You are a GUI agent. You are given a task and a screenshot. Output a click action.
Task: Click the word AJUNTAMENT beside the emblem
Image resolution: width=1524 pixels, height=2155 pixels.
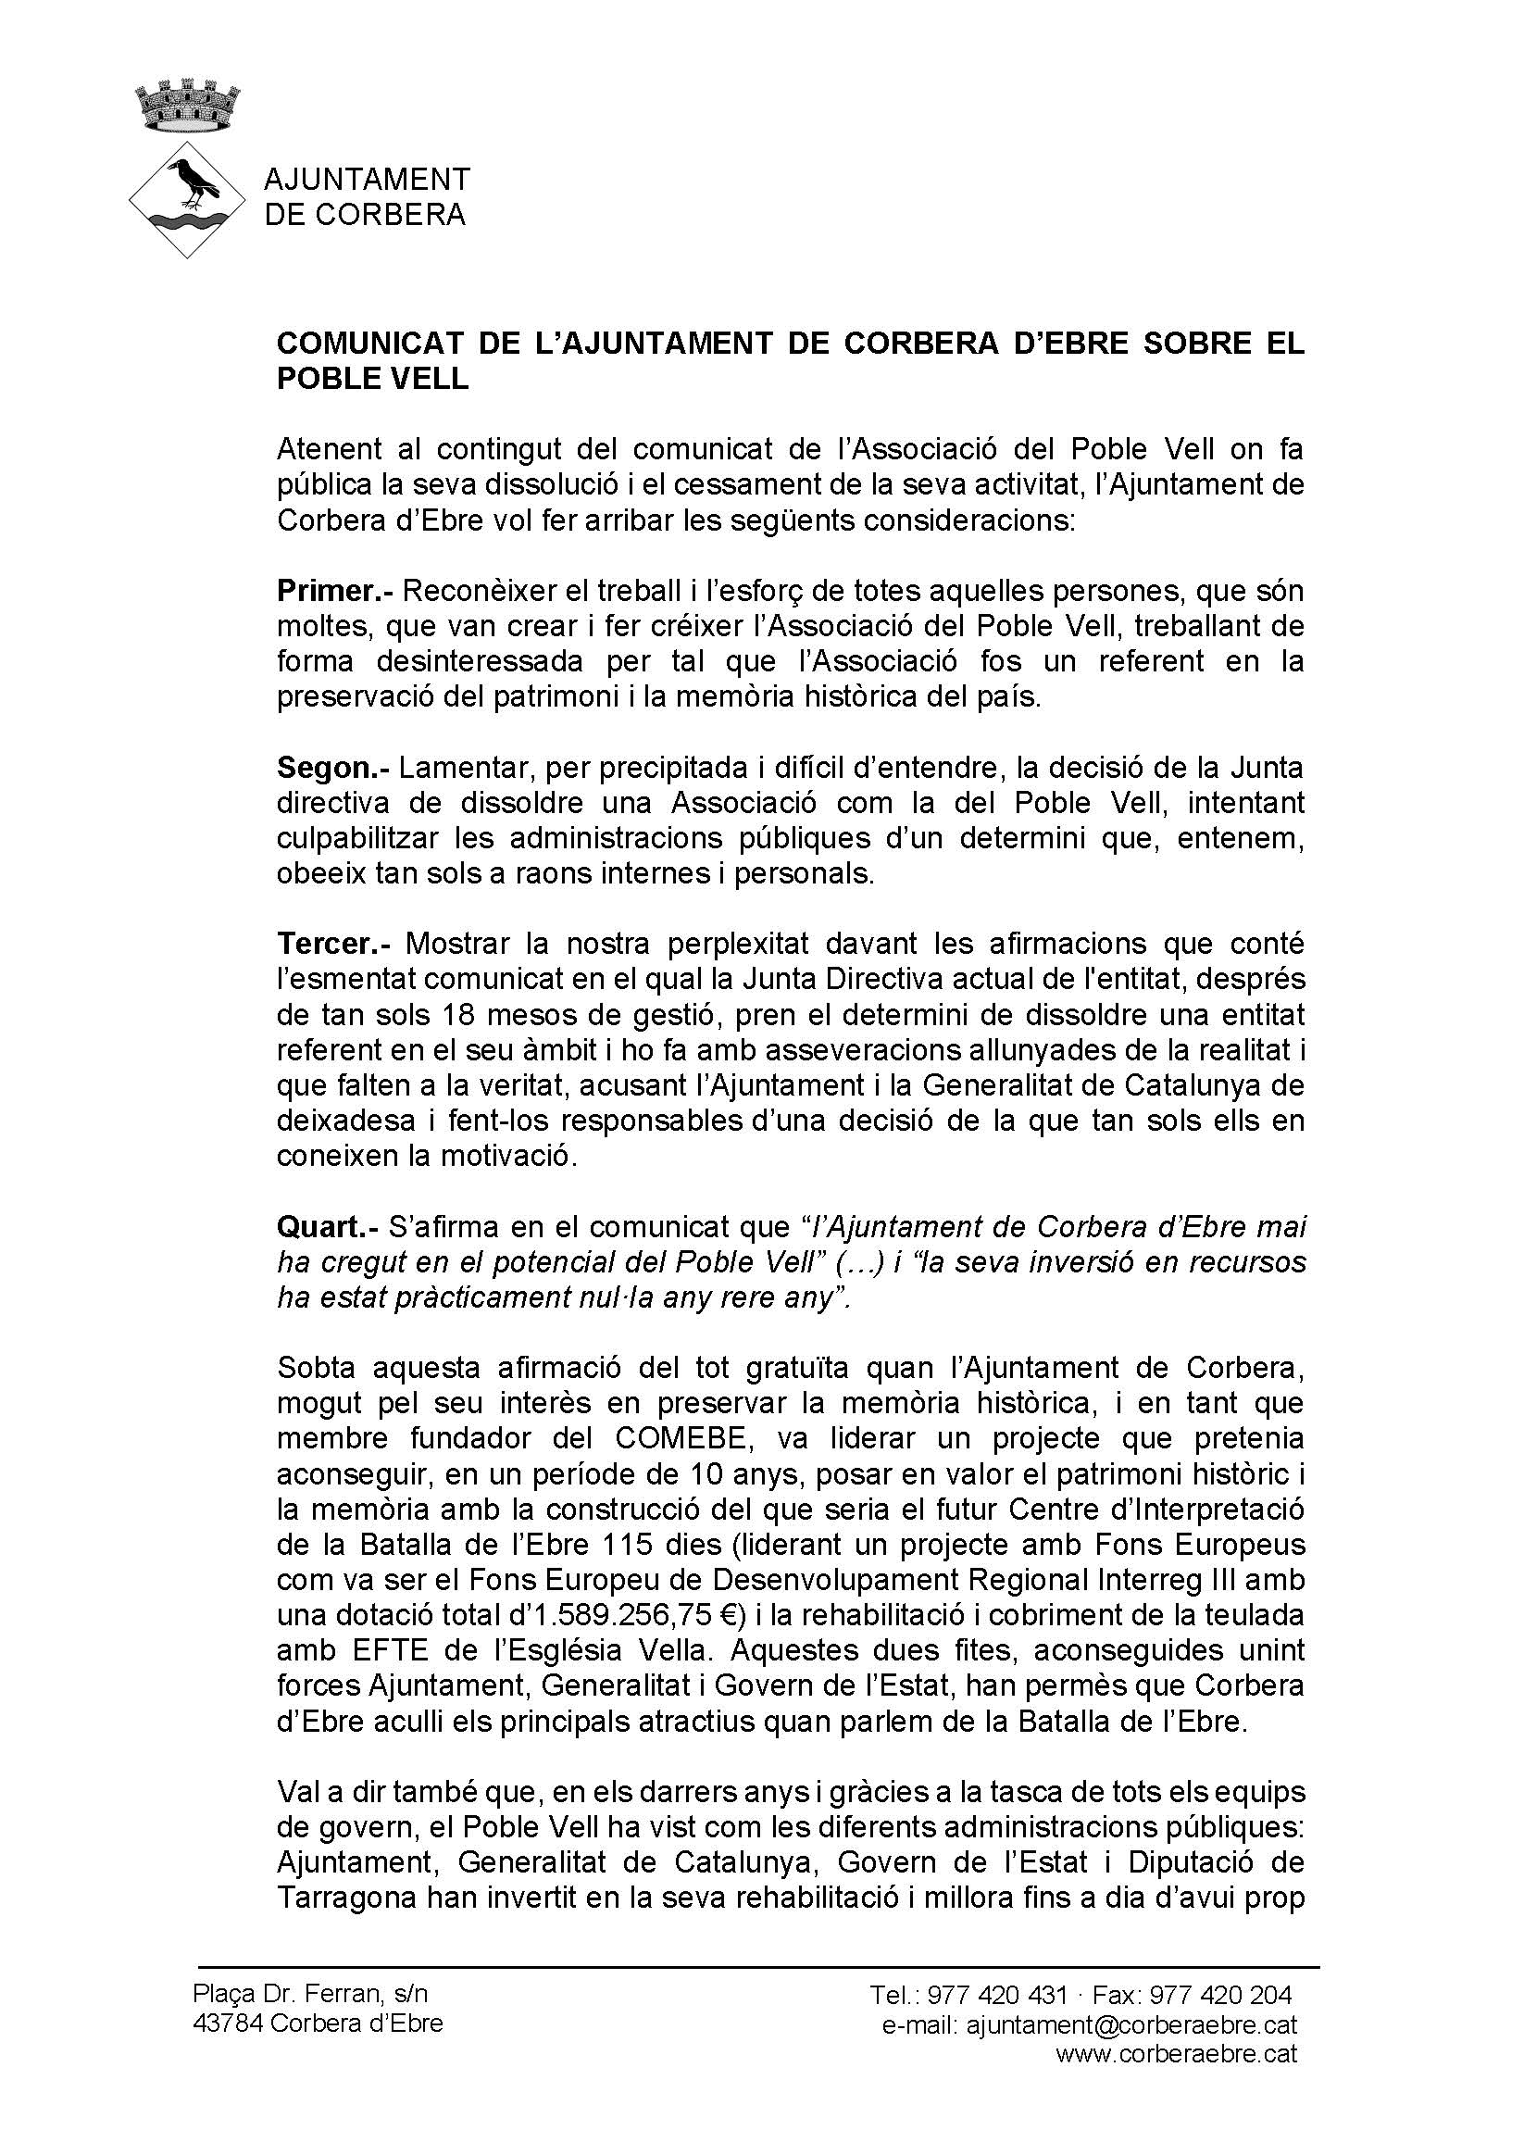tap(367, 179)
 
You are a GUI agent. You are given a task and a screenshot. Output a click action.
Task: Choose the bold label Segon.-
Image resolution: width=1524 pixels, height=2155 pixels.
tap(333, 768)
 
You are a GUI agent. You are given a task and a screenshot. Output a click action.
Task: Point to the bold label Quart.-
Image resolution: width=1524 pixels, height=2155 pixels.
tap(328, 1228)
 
